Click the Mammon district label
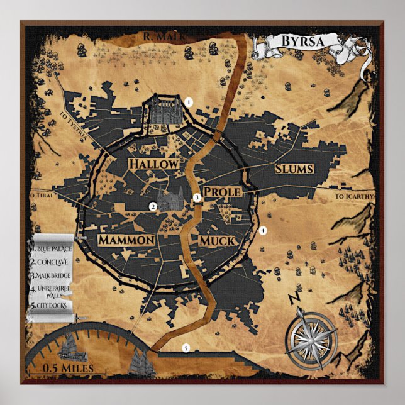(126, 240)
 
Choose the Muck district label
(217, 241)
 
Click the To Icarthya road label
(355, 196)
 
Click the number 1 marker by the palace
(187, 101)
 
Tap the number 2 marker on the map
(152, 206)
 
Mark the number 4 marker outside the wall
(264, 230)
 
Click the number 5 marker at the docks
(186, 348)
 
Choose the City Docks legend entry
(52, 307)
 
